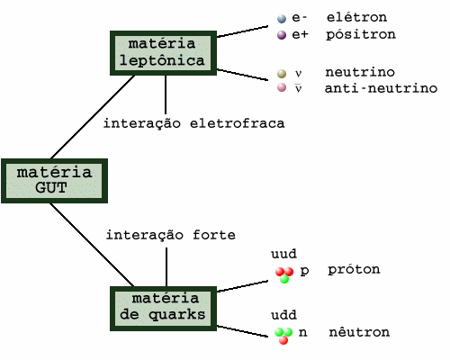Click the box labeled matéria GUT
coord(54,181)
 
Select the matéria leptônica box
coord(163,53)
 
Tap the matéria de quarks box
coord(163,309)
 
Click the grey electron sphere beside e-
coord(282,19)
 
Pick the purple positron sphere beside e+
coord(282,35)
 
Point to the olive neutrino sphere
coord(282,73)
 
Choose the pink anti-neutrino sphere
coord(282,87)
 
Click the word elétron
coord(356,17)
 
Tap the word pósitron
coord(361,34)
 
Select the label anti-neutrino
coord(381,88)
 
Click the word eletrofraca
coord(237,123)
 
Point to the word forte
coord(214,235)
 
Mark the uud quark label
coord(283,254)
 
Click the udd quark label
coord(283,315)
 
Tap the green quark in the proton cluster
coord(284,279)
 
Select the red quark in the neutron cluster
coord(283,340)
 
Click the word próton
coord(354,270)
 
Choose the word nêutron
coord(359,332)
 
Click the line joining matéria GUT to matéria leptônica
coord(93,117)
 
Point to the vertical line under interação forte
coord(166,267)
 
